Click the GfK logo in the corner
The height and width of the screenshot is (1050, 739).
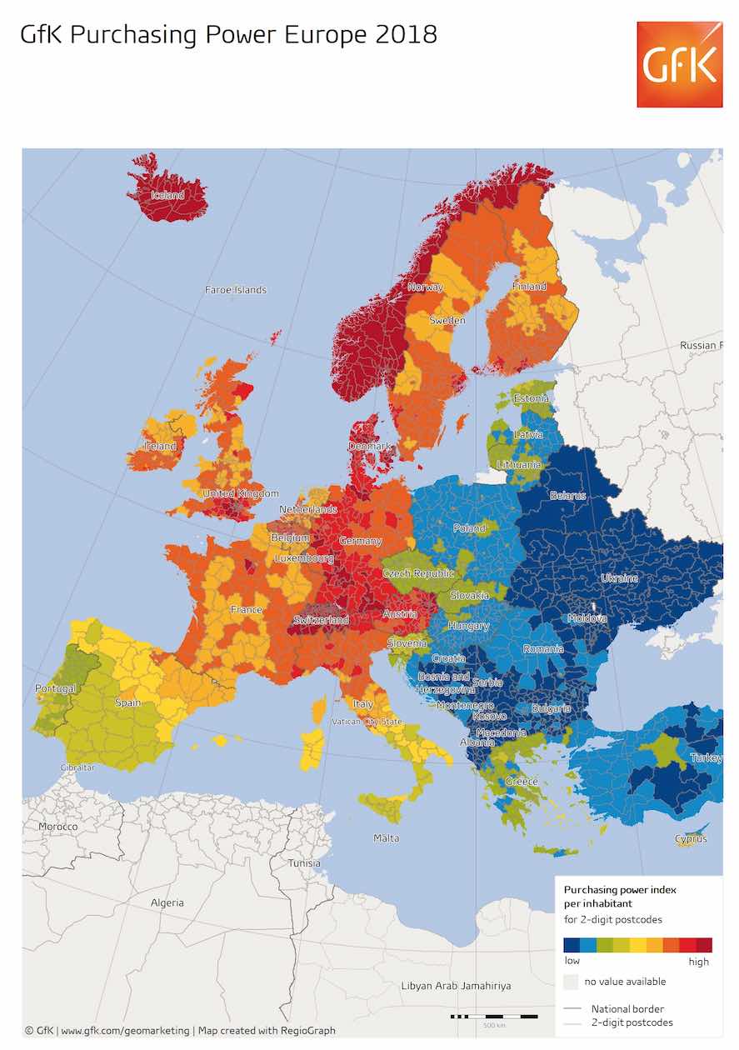[679, 64]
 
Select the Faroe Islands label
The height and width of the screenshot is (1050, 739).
[236, 290]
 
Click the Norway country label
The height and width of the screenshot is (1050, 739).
[425, 287]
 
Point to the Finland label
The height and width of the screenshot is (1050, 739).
[529, 287]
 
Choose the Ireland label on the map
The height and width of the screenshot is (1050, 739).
[161, 446]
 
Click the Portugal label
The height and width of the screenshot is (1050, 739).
[55, 688]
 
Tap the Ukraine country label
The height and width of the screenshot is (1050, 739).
[619, 578]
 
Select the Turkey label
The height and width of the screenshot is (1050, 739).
[705, 758]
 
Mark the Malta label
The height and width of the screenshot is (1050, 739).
[386, 838]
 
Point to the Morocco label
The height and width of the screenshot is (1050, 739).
[58, 827]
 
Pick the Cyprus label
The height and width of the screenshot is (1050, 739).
[691, 838]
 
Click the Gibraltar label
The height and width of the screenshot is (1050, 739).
[77, 767]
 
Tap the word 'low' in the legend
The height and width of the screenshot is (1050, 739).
[572, 961]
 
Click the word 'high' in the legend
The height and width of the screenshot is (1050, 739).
[699, 962]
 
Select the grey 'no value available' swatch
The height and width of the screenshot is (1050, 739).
[571, 982]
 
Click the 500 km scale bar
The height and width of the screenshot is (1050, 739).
[494, 1017]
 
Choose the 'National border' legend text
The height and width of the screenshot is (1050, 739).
[627, 1009]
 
